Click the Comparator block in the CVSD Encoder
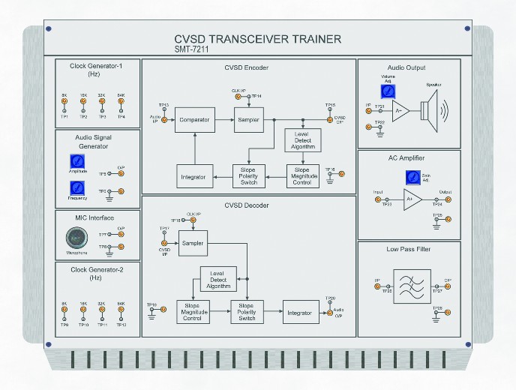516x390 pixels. (194, 119)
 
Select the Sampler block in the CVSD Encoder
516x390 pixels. (247, 119)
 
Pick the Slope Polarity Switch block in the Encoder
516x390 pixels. (247, 176)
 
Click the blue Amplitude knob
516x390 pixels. (76, 161)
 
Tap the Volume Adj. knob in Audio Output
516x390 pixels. (387, 91)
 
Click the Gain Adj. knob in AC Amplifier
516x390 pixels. (412, 178)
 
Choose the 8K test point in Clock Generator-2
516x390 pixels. (64, 310)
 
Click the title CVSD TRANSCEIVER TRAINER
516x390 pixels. (257, 39)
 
